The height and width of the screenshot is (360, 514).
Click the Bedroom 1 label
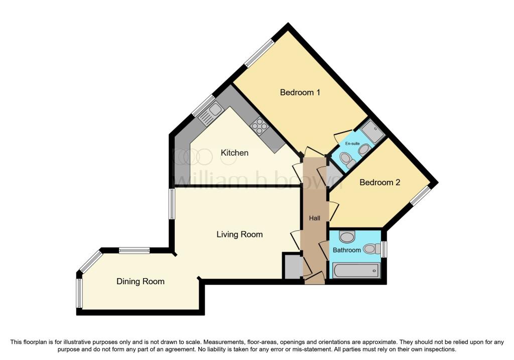(x=300, y=92)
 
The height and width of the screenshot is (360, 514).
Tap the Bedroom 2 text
(x=379, y=182)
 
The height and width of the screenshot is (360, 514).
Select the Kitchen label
(x=234, y=153)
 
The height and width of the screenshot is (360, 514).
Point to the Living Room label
(x=239, y=234)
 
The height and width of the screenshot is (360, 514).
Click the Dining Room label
(x=141, y=282)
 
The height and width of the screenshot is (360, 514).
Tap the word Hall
(x=314, y=218)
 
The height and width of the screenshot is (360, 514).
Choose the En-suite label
(x=352, y=144)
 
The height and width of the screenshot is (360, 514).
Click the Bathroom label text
(x=347, y=250)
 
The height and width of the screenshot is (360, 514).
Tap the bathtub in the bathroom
(x=357, y=271)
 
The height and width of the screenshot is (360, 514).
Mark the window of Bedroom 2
(x=420, y=196)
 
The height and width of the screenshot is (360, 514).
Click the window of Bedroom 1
(x=260, y=53)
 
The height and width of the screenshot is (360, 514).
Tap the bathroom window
(x=384, y=249)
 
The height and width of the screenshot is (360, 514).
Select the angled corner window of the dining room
(x=90, y=262)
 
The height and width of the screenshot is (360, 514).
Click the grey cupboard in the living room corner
(x=292, y=267)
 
